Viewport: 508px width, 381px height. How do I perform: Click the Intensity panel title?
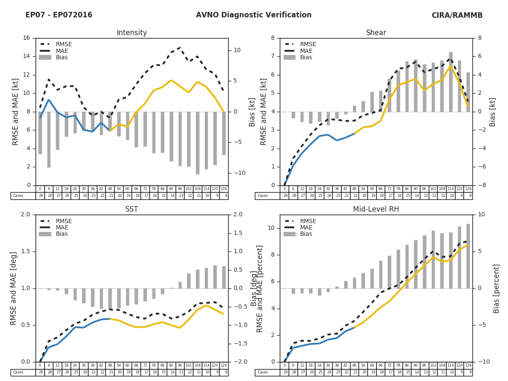(132, 33)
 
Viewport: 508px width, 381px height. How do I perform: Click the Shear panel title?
(376, 33)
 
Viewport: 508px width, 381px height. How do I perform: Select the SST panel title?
(132, 210)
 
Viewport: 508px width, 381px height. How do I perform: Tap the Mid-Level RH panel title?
(376, 210)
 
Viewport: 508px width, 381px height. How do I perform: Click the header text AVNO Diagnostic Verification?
(254, 15)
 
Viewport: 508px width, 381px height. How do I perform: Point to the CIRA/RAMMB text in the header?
(457, 15)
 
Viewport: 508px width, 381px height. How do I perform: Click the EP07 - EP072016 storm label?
(59, 15)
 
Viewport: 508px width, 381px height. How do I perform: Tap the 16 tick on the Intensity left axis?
(26, 38)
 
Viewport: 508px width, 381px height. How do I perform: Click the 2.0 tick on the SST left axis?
(25, 215)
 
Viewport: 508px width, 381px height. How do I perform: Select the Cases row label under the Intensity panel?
(18, 196)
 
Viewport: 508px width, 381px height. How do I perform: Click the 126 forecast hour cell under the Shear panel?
(468, 189)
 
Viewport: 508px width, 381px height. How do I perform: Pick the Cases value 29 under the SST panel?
(40, 373)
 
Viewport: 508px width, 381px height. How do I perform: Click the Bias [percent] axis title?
(497, 288)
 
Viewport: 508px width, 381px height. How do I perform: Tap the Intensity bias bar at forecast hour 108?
(197, 143)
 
